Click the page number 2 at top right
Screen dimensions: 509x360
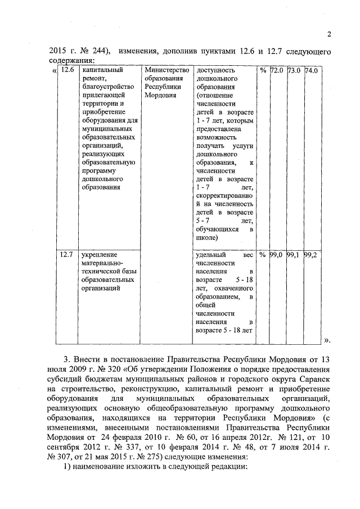tap(329, 34)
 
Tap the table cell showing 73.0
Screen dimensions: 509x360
tap(294, 71)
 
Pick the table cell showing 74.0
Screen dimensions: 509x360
tap(312, 71)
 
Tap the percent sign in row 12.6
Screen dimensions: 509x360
tap(263, 71)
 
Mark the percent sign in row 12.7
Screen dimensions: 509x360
tap(263, 255)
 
